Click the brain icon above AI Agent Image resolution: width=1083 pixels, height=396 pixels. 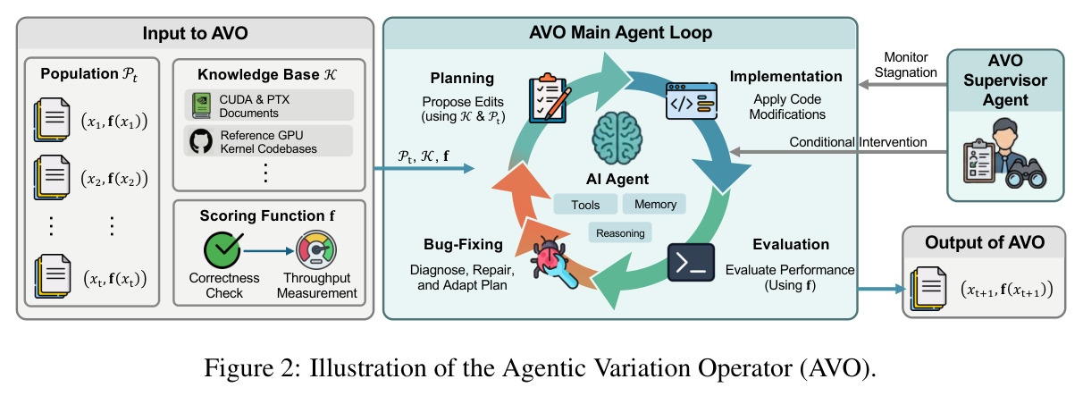[617, 139]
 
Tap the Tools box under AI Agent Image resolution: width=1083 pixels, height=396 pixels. [585, 205]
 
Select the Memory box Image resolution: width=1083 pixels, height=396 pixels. [655, 204]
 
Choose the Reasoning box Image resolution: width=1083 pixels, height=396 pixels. [620, 233]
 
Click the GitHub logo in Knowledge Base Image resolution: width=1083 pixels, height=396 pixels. [201, 141]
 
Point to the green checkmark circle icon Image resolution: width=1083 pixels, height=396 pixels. [222, 250]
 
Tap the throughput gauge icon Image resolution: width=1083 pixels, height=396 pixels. [316, 249]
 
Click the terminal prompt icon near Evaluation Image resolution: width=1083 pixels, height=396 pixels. [691, 263]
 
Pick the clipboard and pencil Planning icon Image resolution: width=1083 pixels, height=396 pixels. [550, 98]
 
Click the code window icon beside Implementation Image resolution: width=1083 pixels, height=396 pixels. [691, 101]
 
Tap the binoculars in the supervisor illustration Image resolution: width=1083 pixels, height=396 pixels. [1026, 174]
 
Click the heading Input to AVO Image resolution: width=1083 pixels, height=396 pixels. [195, 33]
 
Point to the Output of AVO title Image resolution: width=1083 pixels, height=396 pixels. [985, 242]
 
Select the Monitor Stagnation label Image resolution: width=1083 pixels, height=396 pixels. [905, 64]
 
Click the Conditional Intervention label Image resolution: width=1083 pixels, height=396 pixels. [858, 142]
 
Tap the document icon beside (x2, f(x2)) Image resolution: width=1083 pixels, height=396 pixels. [52, 178]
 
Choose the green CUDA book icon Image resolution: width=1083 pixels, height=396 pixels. [201, 105]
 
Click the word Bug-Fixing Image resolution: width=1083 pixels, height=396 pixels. [463, 245]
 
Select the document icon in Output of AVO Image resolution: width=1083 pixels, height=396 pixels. [928, 289]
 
